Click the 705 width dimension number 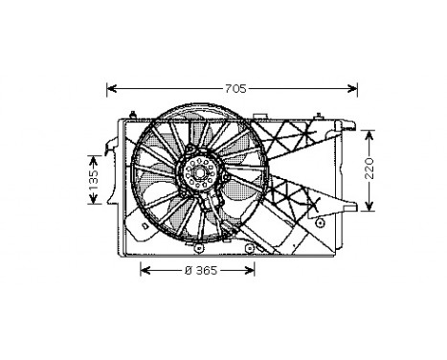pyautogui.click(x=235, y=89)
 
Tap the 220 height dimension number pyautogui.click(x=369, y=169)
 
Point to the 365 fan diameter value pyautogui.click(x=206, y=271)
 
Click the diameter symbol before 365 pyautogui.click(x=189, y=271)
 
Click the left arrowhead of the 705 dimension pyautogui.click(x=111, y=88)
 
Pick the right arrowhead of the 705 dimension pyautogui.click(x=352, y=88)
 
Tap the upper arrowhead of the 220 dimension pyautogui.click(x=369, y=135)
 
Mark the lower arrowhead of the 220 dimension pyautogui.click(x=369, y=206)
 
